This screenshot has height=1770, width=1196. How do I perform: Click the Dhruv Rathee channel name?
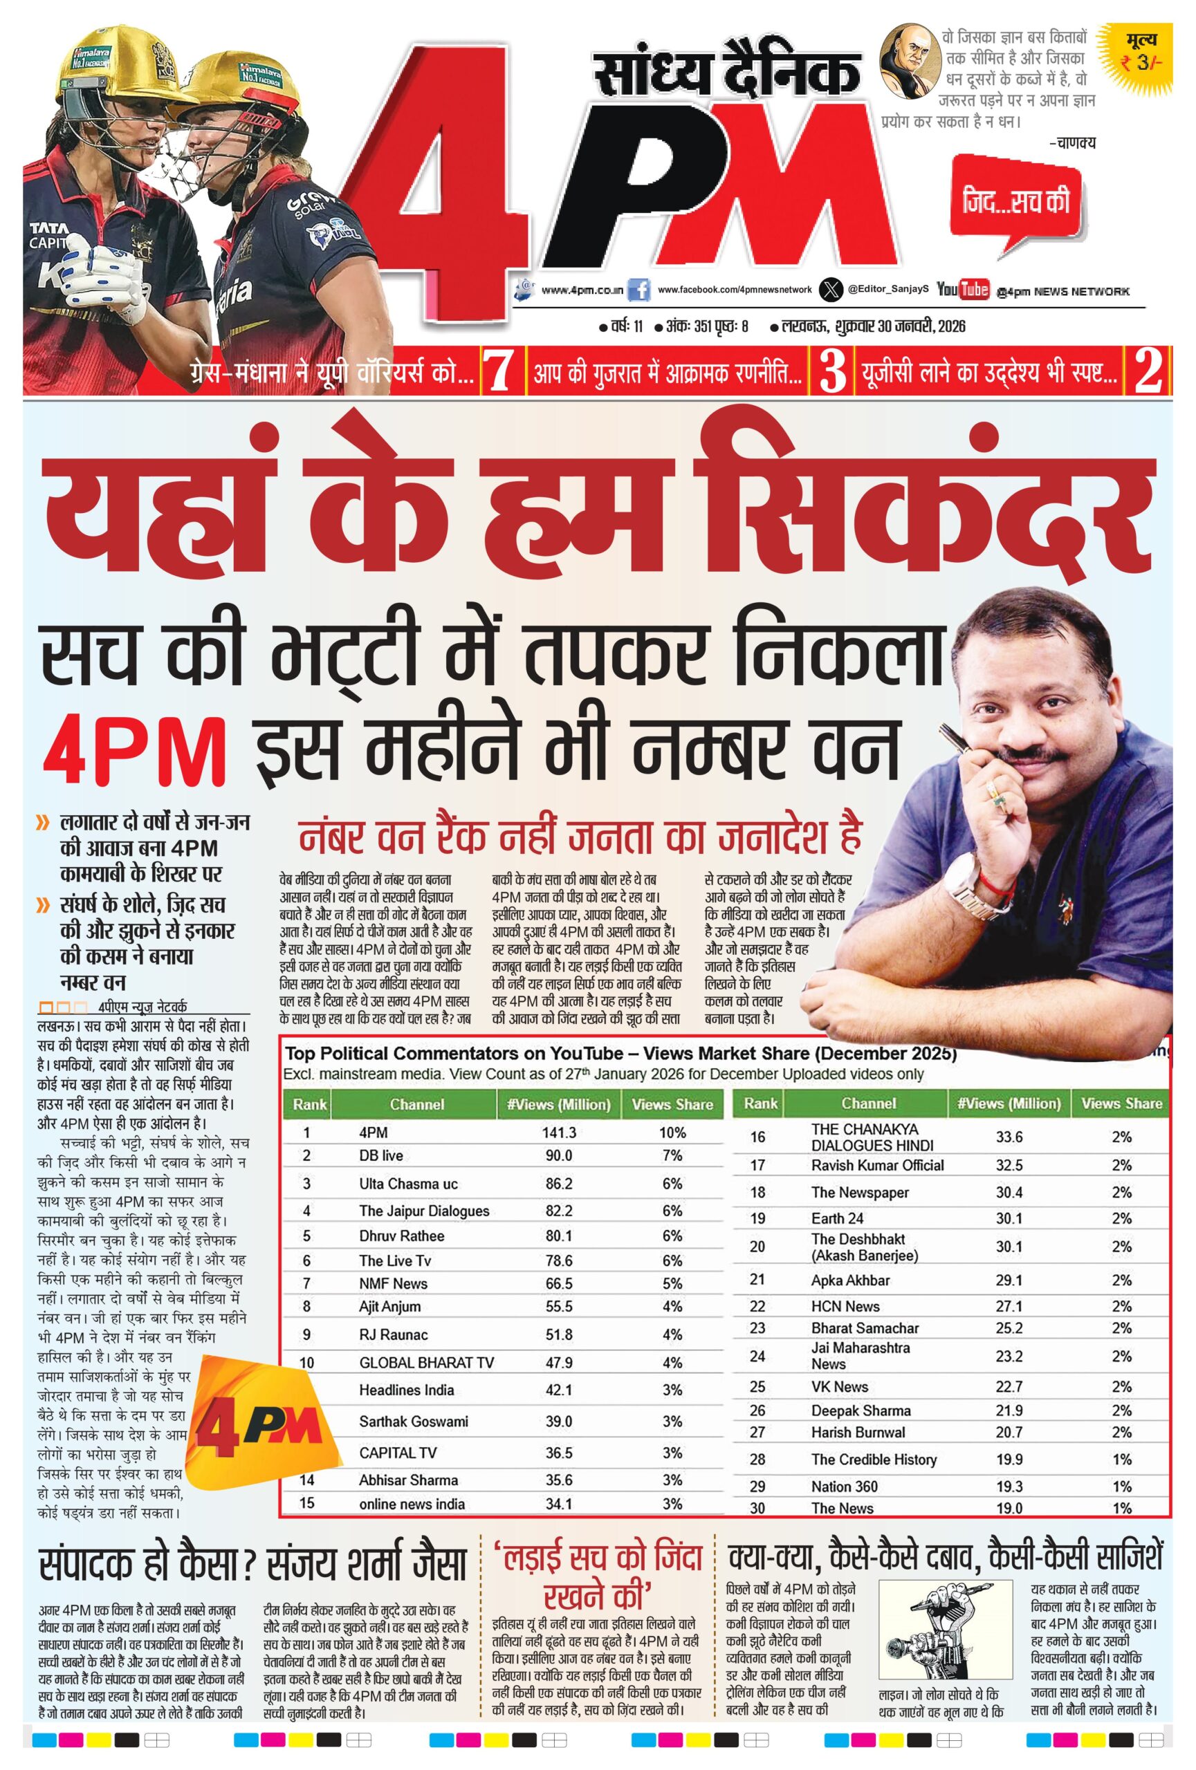coord(401,1236)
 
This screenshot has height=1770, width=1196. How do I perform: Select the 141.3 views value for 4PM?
coord(558,1133)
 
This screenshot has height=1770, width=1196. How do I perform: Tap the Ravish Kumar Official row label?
coord(877,1165)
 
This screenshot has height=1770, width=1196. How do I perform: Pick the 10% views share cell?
coord(672,1133)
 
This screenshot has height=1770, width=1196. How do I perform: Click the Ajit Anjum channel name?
coord(389,1306)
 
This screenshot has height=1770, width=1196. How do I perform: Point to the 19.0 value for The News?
coord(1009,1508)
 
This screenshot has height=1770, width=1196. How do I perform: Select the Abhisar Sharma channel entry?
coord(408,1480)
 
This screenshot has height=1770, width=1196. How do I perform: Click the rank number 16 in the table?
coord(757,1137)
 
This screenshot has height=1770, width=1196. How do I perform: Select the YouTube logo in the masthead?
coord(962,290)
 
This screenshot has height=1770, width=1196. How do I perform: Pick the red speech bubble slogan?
coord(1015,205)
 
